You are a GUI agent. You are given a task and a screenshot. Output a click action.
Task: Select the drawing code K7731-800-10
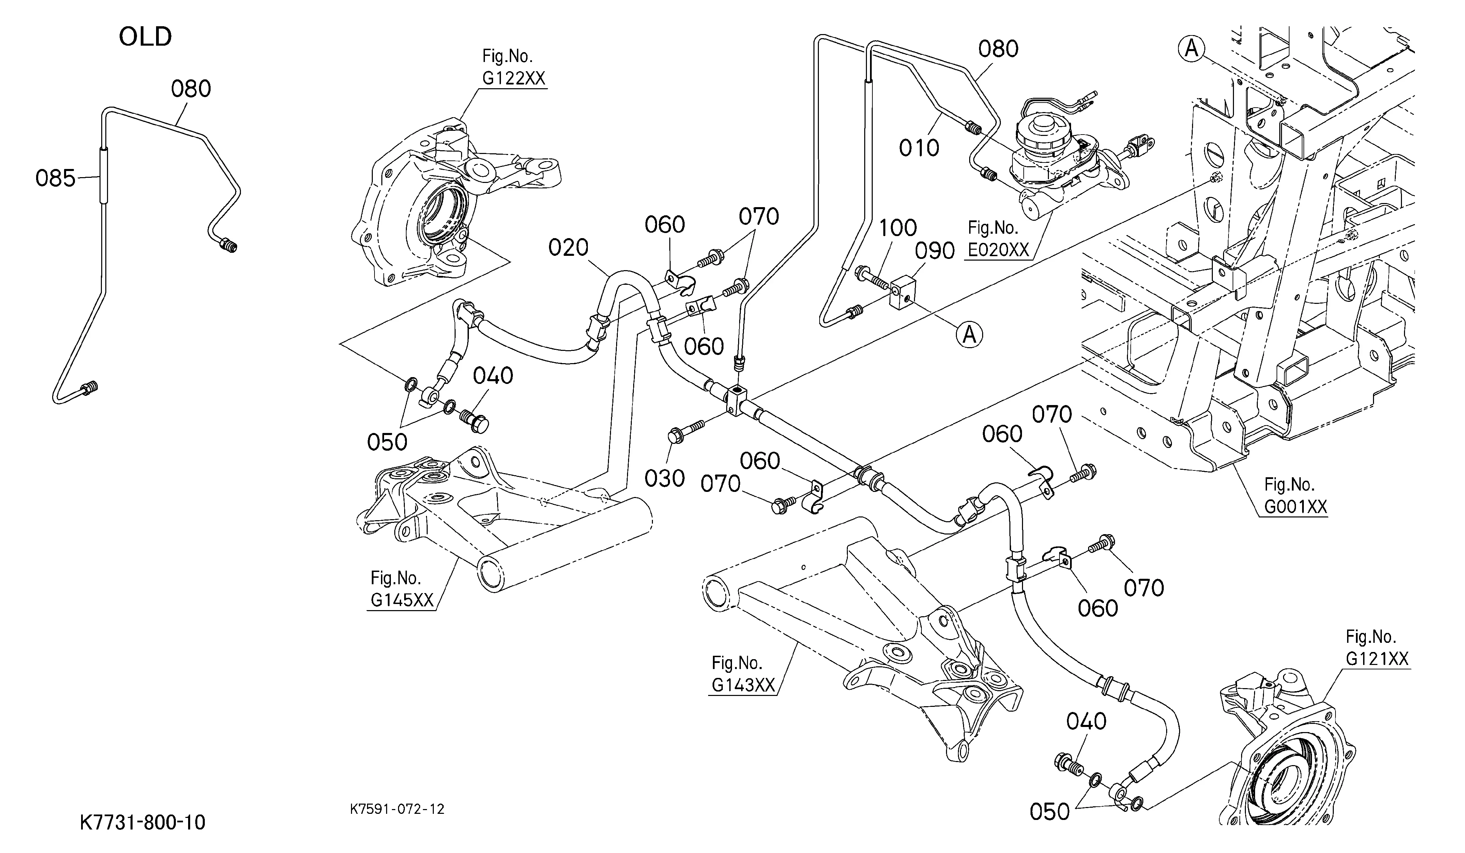(x=142, y=822)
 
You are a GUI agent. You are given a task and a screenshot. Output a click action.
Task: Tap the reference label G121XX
(x=1377, y=658)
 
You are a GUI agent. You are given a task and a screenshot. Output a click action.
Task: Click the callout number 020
(x=568, y=248)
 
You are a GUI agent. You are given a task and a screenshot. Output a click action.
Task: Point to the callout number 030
(x=665, y=478)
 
